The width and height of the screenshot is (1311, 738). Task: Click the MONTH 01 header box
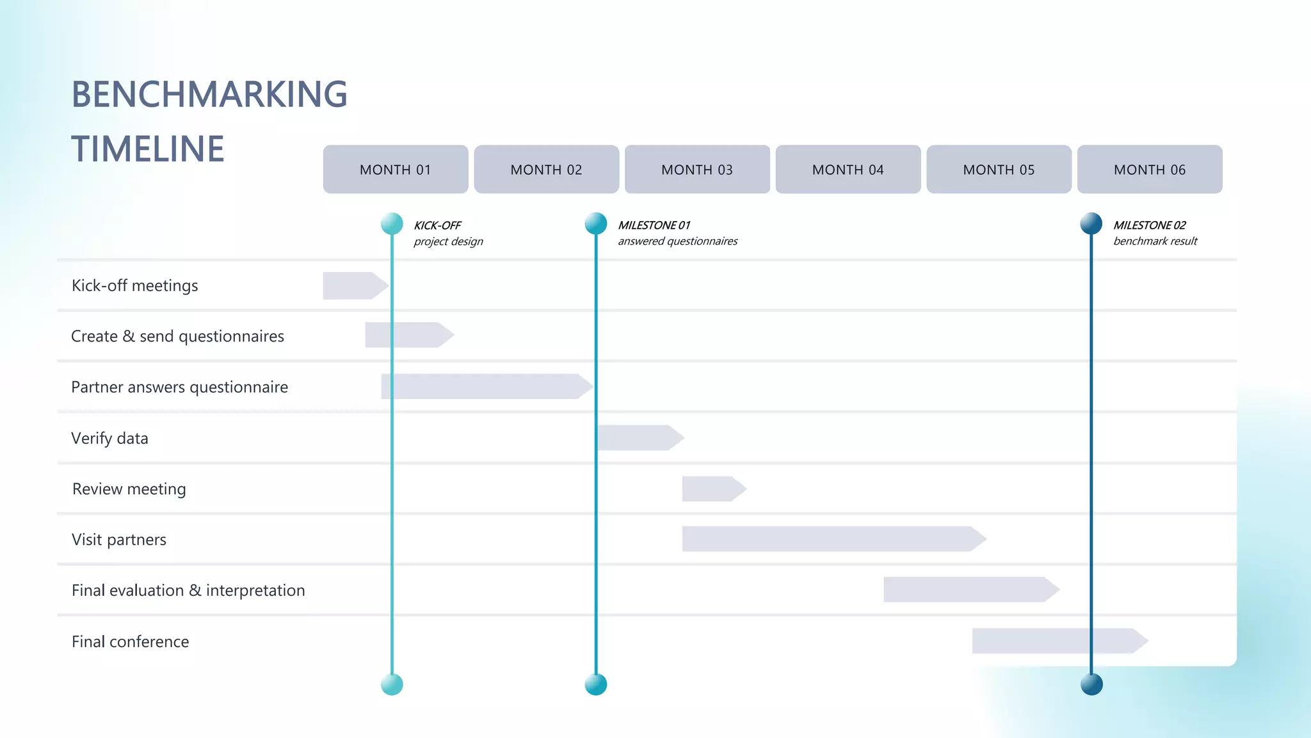tap(395, 169)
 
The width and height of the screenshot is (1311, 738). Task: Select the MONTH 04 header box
tap(848, 169)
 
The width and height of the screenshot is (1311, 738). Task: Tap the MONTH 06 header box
tap(1149, 169)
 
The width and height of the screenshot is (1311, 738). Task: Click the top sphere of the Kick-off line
tap(392, 224)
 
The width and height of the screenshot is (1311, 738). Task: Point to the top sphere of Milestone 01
tap(595, 224)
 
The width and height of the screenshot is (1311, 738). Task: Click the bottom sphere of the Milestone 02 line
tap(1091, 684)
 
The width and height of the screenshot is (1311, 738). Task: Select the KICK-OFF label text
tap(437, 225)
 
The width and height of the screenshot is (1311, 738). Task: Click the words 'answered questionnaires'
tap(677, 242)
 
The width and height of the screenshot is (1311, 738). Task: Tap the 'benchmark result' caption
tap(1155, 242)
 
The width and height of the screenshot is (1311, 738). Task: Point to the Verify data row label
tap(109, 438)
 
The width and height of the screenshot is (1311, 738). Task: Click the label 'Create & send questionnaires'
tap(177, 336)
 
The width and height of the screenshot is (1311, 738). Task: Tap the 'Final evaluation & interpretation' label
tap(188, 590)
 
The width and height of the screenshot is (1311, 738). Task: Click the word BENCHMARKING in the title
tap(209, 94)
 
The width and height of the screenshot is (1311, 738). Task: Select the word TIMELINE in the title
tap(147, 149)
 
